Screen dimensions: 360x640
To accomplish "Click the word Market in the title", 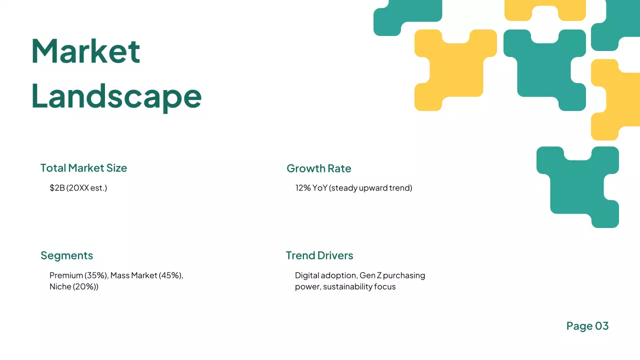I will click(x=85, y=51).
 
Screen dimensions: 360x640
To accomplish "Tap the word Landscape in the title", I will click(x=116, y=95).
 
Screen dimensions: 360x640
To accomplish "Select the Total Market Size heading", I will click(x=83, y=168).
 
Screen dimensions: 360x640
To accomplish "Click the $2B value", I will click(x=57, y=188).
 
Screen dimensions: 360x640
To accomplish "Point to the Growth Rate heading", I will click(x=318, y=168).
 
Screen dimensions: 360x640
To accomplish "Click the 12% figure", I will click(x=303, y=188).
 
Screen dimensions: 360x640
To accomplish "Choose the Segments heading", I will click(x=66, y=255).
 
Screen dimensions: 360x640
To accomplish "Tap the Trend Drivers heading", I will click(x=319, y=255).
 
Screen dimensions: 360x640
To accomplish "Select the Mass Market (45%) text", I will click(x=146, y=275).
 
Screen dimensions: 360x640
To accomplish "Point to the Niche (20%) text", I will click(x=73, y=287).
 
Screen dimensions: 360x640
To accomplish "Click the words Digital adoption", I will click(x=325, y=275).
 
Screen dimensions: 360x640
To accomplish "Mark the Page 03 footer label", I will click(x=587, y=326).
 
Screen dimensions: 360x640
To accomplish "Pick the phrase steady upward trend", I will click(x=371, y=188).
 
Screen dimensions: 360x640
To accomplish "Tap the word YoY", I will click(x=320, y=188).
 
